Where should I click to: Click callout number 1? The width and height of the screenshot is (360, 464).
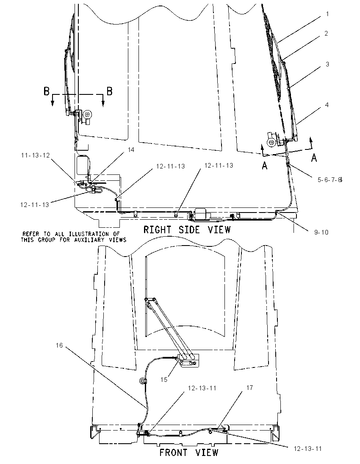pyautogui.click(x=327, y=14)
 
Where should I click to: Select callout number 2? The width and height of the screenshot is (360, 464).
pyautogui.click(x=326, y=33)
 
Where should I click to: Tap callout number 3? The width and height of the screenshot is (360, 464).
pyautogui.click(x=327, y=64)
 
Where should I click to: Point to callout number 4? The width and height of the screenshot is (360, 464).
pyautogui.click(x=327, y=105)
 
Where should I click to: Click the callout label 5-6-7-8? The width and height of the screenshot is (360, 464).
pyautogui.click(x=330, y=180)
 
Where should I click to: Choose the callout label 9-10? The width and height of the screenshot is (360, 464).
pyautogui.click(x=321, y=232)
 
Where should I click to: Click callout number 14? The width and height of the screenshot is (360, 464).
pyautogui.click(x=131, y=150)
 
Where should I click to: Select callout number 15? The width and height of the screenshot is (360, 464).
pyautogui.click(x=164, y=380)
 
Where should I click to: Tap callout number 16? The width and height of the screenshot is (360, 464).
pyautogui.click(x=59, y=345)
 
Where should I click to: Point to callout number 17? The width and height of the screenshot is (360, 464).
pyautogui.click(x=249, y=388)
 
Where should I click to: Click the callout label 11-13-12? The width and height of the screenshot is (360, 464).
pyautogui.click(x=35, y=155)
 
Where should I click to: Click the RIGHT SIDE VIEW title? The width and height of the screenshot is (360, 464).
pyautogui.click(x=187, y=229)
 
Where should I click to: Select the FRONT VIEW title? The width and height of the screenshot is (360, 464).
pyautogui.click(x=189, y=453)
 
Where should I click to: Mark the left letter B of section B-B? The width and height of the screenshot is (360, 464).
pyautogui.click(x=47, y=91)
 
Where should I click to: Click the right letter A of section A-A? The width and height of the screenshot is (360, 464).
pyautogui.click(x=314, y=158)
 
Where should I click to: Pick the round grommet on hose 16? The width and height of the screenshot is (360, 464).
pyautogui.click(x=143, y=381)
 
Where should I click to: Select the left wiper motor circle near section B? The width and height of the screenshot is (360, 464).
pyautogui.click(x=87, y=114)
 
